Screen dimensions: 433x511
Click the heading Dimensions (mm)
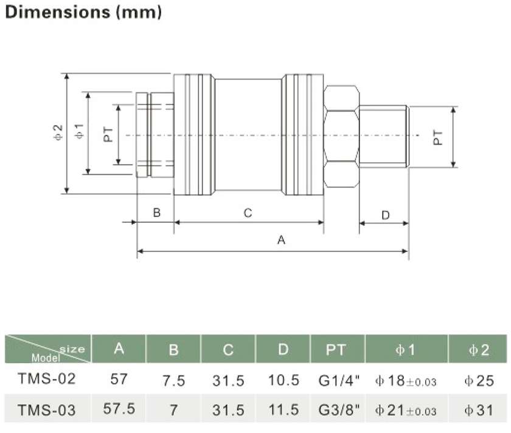pyautogui.click(x=83, y=12)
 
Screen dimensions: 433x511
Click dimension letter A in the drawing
pyautogui.click(x=281, y=240)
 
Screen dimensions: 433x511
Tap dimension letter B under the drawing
pyautogui.click(x=156, y=213)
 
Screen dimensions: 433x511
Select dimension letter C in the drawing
pyautogui.click(x=248, y=213)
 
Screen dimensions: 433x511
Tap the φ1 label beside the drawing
pyautogui.click(x=79, y=132)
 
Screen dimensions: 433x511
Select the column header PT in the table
pyautogui.click(x=337, y=349)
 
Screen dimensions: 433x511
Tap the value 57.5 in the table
pyautogui.click(x=119, y=409)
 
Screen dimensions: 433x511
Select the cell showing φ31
pyautogui.click(x=478, y=410)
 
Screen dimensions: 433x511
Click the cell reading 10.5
pyautogui.click(x=283, y=381)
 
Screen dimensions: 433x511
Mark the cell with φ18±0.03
pyautogui.click(x=406, y=381)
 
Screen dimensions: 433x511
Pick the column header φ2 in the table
pyautogui.click(x=478, y=350)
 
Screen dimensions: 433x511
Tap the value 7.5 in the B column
pyautogui.click(x=173, y=381)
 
